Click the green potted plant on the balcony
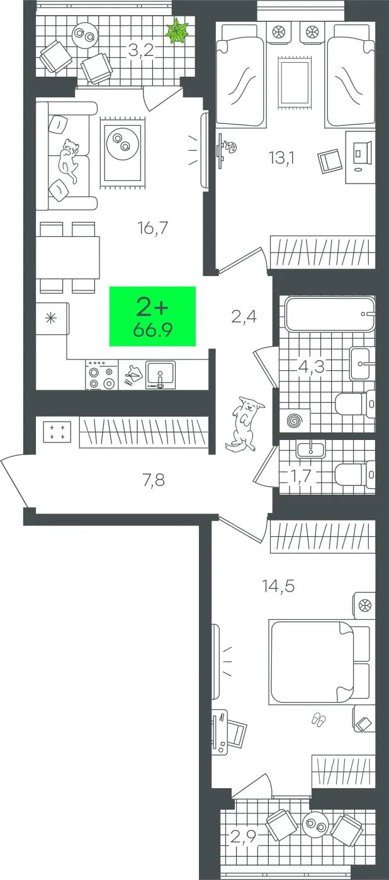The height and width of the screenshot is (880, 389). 178,31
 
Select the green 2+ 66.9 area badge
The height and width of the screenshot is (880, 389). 152,316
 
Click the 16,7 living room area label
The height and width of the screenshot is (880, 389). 153,228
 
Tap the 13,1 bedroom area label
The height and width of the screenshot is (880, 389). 282,158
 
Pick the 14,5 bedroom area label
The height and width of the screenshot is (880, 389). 278,586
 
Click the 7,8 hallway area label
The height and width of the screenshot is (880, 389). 154,480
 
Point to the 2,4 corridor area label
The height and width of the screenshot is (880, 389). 244,316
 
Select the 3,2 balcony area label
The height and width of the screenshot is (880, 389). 141,50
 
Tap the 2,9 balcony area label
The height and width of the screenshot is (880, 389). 244,837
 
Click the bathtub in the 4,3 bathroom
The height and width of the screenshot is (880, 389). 330,314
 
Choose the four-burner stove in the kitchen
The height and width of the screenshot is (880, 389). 101,375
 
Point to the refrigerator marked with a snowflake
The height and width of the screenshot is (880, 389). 52,318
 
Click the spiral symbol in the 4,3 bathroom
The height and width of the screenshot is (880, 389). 295,421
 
